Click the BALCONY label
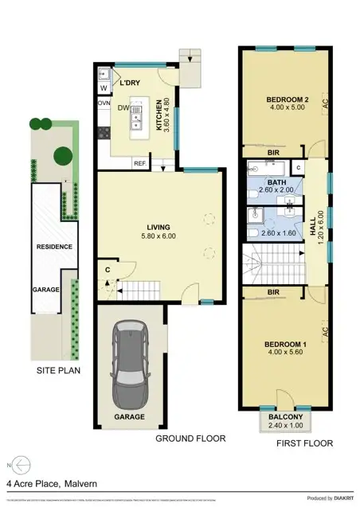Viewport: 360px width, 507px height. point(285,416)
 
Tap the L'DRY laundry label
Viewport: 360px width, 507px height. point(130,83)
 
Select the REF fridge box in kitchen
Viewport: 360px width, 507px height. point(139,164)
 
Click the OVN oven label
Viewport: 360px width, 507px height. point(104,103)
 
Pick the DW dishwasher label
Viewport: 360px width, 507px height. point(124,110)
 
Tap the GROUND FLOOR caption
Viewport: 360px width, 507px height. point(190,439)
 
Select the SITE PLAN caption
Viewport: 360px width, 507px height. point(58,371)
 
